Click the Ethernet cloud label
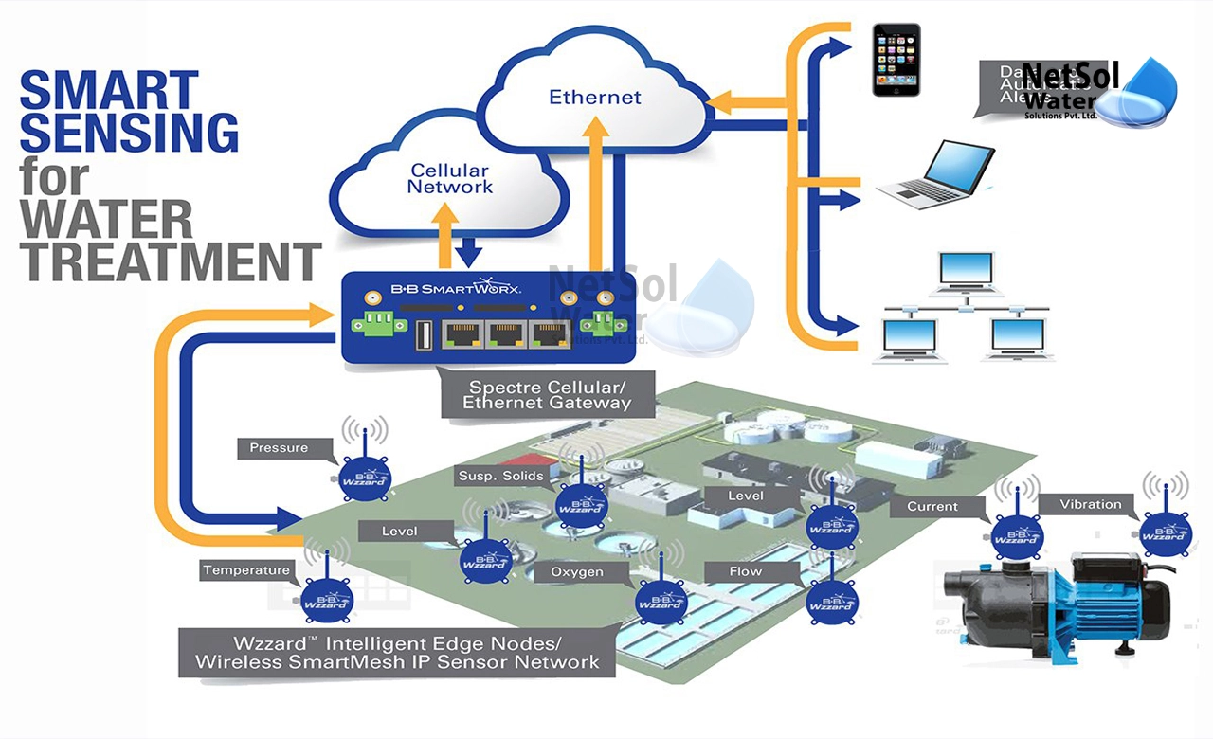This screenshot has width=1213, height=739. click(x=595, y=97)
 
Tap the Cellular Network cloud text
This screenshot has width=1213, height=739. click(x=450, y=179)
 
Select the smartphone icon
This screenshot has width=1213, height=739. click(x=896, y=59)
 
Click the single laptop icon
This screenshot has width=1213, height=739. click(x=934, y=175)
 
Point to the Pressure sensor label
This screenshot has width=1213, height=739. click(x=279, y=448)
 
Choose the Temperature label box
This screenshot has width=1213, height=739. click(x=245, y=570)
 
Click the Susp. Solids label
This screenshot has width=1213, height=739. click(x=501, y=476)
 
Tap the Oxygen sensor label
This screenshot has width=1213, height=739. click(x=577, y=572)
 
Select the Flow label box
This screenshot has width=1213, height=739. click(x=746, y=572)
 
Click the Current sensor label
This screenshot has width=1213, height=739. click(x=932, y=507)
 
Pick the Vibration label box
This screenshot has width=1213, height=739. click(x=1090, y=505)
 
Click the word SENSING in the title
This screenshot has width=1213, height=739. click(x=130, y=132)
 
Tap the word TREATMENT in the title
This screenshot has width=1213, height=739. click(x=171, y=262)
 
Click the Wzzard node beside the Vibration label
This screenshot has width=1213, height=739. click(x=1166, y=531)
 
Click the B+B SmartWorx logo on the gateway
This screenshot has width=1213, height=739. click(x=455, y=287)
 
